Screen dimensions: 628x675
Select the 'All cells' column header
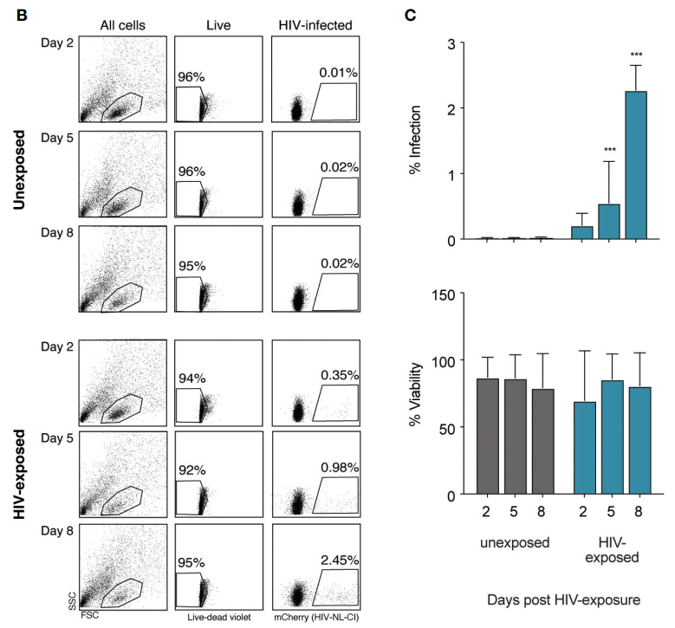[x=121, y=25]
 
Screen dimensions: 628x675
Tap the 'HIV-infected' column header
[x=316, y=25]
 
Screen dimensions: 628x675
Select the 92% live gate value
[x=192, y=449]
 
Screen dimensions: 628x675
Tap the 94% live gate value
[x=192, y=353]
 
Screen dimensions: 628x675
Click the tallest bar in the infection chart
[x=637, y=165]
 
